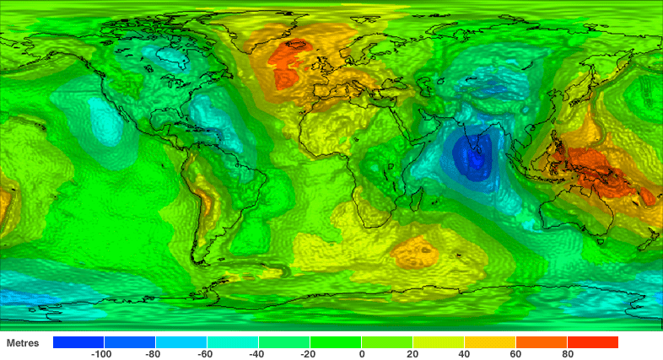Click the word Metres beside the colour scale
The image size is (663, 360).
[24, 343]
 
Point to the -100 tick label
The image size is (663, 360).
[102, 355]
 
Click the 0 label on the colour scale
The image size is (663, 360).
[362, 355]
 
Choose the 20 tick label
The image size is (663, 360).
[413, 355]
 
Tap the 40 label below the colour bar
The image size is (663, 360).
[465, 355]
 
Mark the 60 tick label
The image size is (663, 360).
[516, 355]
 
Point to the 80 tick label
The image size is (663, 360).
[568, 355]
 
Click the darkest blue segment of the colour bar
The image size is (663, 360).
[78, 342]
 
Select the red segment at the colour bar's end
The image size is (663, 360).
[593, 342]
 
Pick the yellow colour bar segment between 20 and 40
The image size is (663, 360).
[439, 342]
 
